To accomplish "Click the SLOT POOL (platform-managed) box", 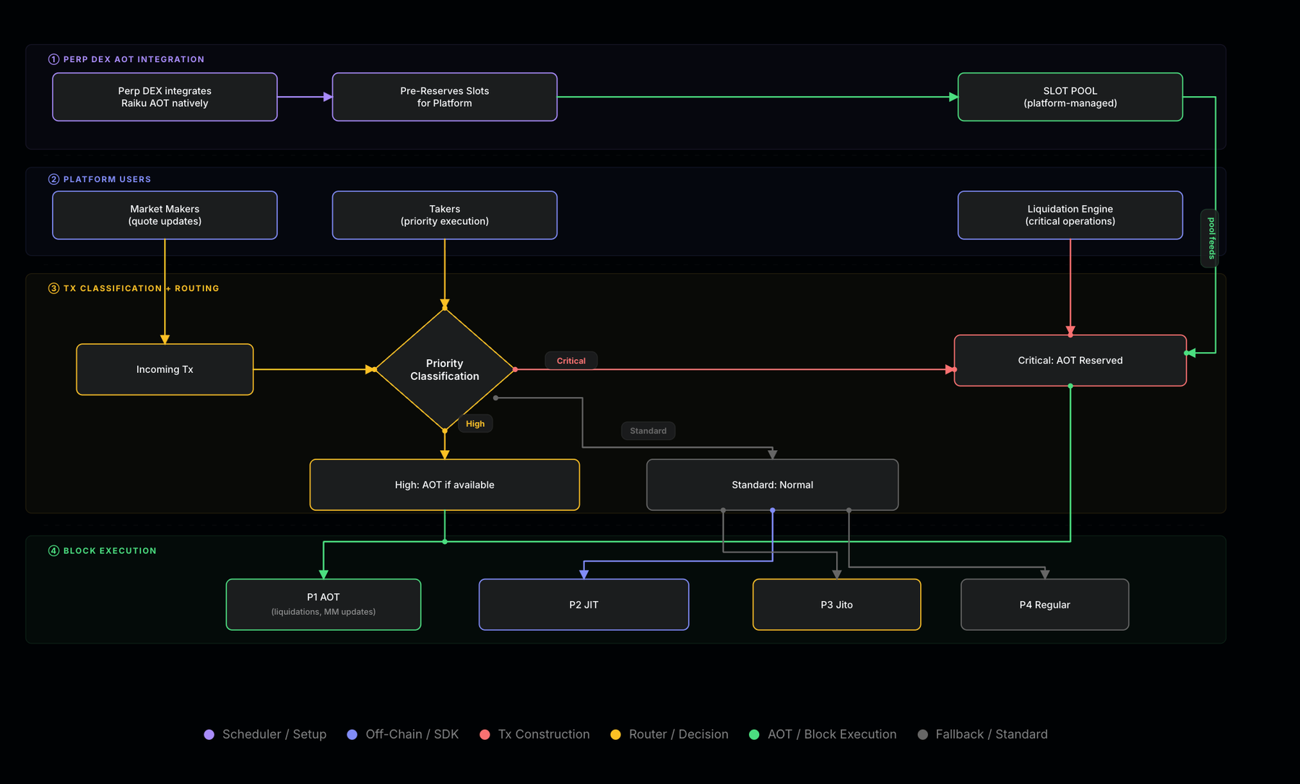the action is click(x=1070, y=97).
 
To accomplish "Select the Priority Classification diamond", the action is click(x=445, y=369).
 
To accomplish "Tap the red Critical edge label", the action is click(x=571, y=361).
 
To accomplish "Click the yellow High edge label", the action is click(x=475, y=423).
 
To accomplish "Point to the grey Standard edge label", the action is click(x=648, y=431).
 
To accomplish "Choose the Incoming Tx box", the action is click(x=165, y=369).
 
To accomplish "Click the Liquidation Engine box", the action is click(x=1070, y=215).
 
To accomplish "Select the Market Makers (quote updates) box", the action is click(x=165, y=215).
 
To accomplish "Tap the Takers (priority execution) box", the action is click(x=445, y=215).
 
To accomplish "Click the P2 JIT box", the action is click(x=584, y=605).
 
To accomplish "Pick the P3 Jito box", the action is click(x=836, y=605).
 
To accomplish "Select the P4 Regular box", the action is click(x=1044, y=605).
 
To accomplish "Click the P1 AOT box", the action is click(x=324, y=605).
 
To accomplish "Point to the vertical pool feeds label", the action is click(x=1211, y=238).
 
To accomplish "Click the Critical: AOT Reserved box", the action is click(x=1070, y=361).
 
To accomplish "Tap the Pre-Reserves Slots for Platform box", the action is click(x=445, y=97).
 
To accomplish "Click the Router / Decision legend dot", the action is click(x=615, y=734).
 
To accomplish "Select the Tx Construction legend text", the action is click(x=544, y=734).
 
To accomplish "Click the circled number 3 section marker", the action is click(x=53, y=288).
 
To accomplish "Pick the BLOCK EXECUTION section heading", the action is click(x=110, y=551).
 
